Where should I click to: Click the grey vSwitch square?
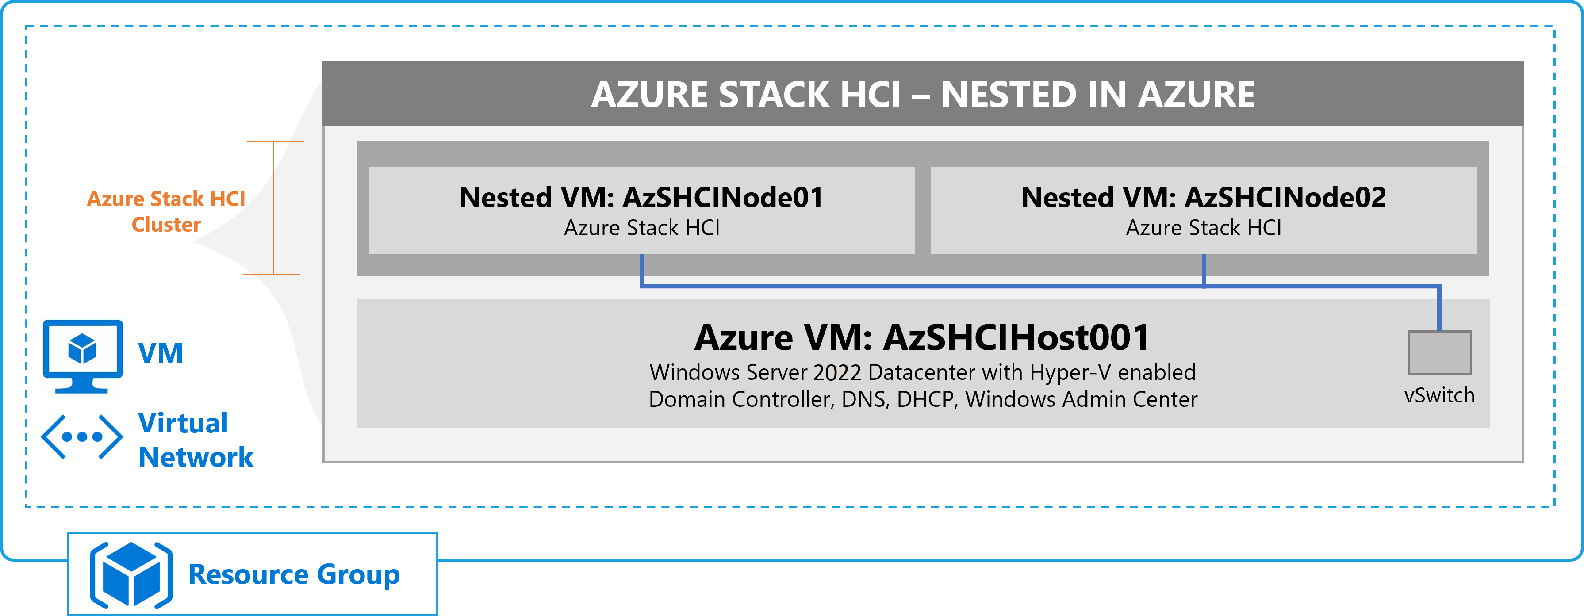1439,353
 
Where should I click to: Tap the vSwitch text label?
1439,395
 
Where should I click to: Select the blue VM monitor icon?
82,356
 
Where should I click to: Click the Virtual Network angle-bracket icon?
82,437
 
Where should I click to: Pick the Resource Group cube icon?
131,575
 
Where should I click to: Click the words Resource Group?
294,575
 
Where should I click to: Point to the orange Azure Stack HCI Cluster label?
166,211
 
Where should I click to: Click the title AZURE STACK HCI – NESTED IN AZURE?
922,95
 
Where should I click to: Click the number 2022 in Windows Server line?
837,372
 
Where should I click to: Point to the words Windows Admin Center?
1081,400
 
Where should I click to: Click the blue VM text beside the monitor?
161,353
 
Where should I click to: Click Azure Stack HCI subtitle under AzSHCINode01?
641,228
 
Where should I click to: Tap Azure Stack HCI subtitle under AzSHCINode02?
1204,228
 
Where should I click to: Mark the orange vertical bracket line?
273,208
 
